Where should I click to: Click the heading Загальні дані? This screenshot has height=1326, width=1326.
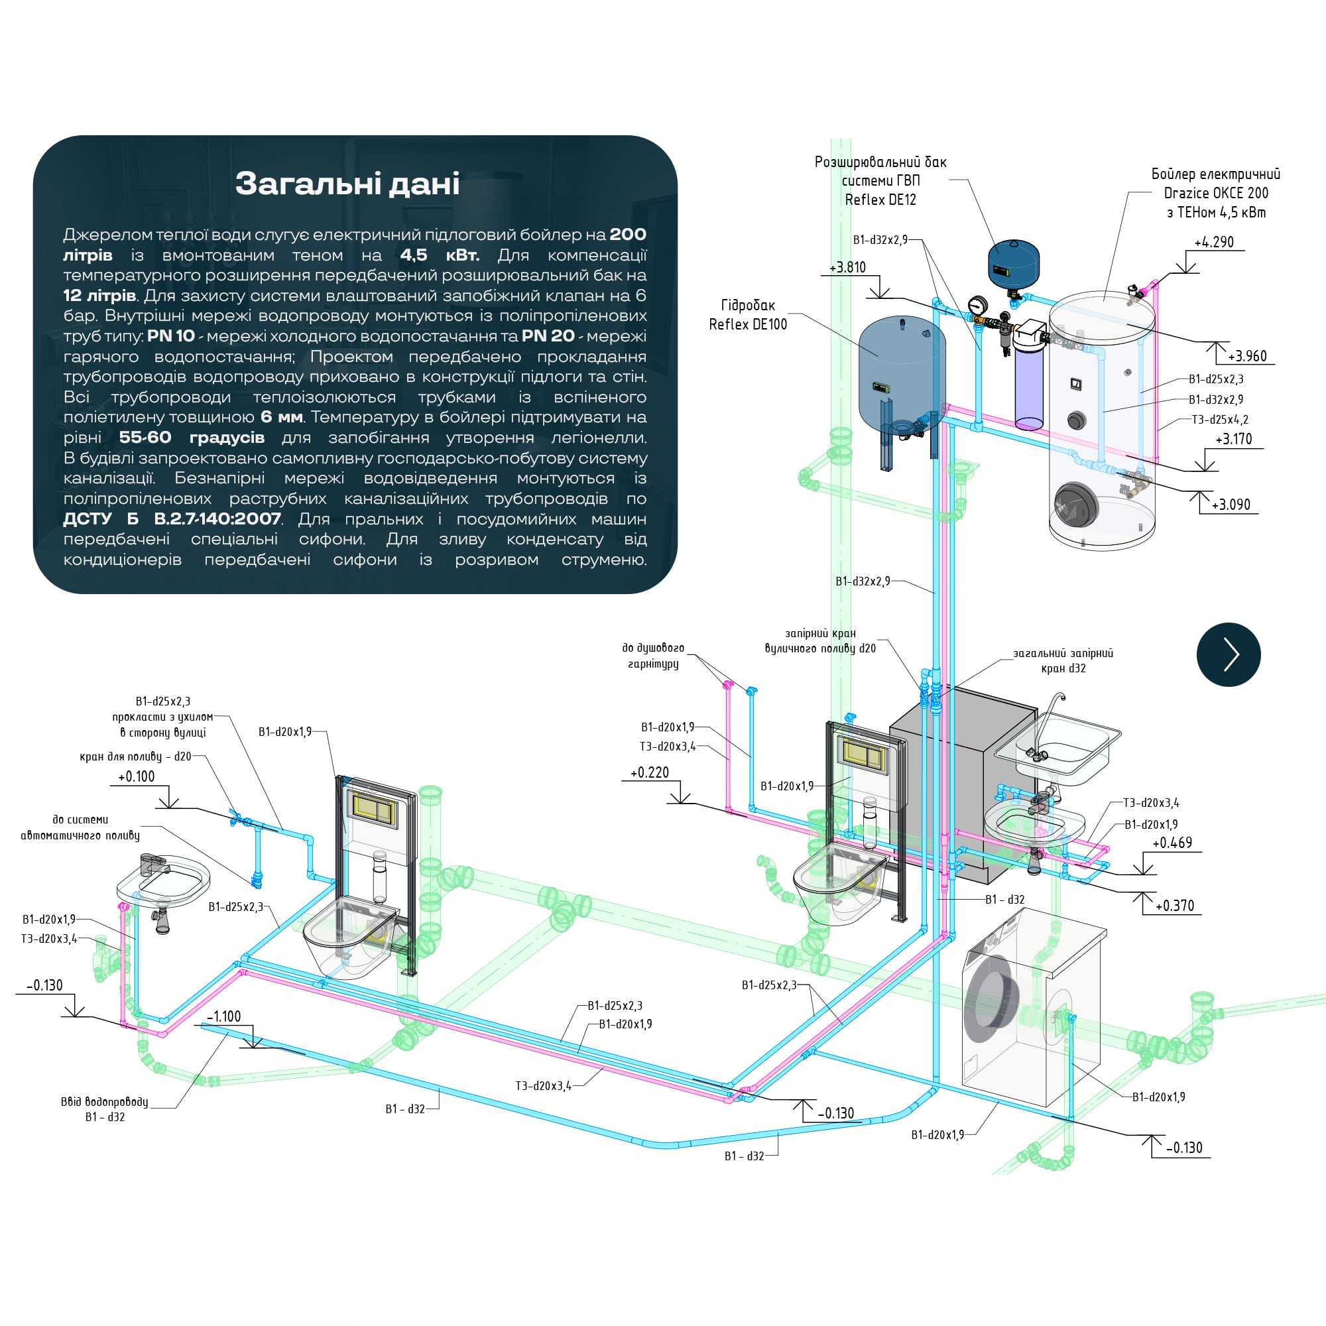pos(347,184)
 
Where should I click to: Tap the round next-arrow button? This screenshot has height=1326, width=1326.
pos(1228,654)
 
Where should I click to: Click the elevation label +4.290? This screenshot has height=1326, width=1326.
pos(1213,242)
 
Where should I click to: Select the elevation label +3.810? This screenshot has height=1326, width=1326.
pos(847,267)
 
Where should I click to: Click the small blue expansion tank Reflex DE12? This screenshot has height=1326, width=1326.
pos(1014,263)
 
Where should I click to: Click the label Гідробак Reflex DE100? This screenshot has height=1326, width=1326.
pos(747,314)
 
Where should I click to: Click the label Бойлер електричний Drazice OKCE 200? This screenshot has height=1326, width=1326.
pos(1215,193)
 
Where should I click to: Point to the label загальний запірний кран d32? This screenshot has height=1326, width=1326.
pos(1063,660)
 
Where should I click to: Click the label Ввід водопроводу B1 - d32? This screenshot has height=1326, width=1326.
pos(105,1109)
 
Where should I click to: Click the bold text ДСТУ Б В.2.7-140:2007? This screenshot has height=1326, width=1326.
pos(172,519)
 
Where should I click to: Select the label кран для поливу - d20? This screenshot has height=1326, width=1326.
pos(135,756)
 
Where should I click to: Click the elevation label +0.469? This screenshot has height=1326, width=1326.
pos(1172,843)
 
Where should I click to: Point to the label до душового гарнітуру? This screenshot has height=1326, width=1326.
pos(652,656)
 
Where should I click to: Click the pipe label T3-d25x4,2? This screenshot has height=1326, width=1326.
pos(1220,420)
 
